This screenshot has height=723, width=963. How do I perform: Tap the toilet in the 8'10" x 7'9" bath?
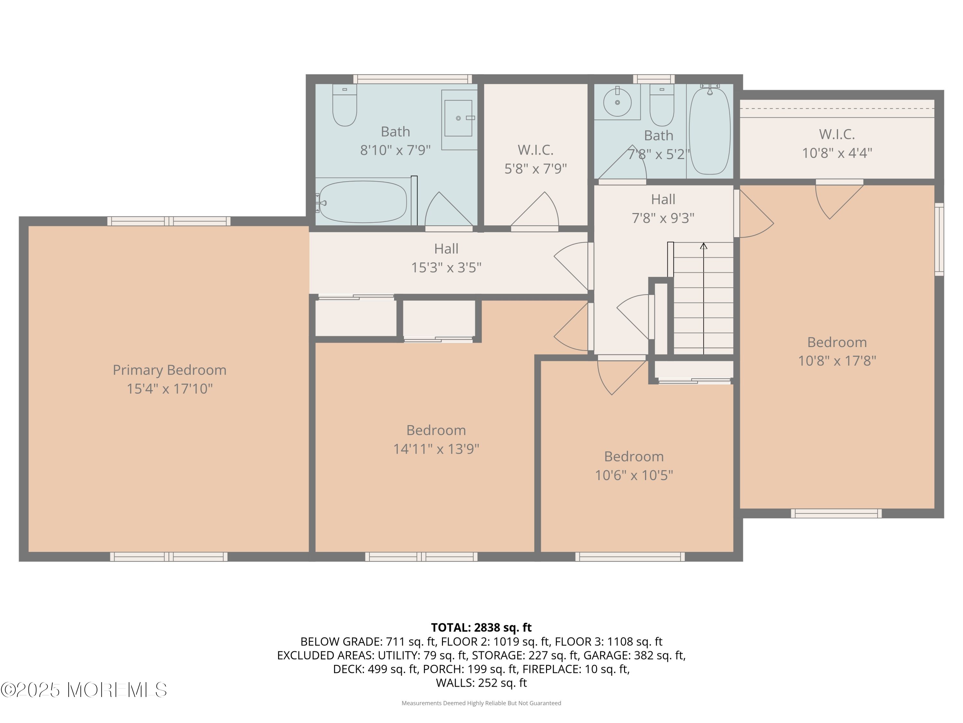tap(344, 105)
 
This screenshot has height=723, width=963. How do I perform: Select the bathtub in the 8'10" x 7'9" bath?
tap(363, 202)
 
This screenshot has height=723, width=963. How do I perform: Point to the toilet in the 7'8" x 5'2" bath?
tap(662, 105)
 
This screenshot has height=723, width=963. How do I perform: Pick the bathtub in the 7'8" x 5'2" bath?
tap(710, 130)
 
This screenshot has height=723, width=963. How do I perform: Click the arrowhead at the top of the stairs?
tap(704, 246)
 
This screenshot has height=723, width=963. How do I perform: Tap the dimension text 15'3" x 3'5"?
tap(446, 267)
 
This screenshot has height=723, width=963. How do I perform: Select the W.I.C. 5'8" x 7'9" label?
tap(535, 159)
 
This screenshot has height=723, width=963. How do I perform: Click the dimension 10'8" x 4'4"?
tap(837, 153)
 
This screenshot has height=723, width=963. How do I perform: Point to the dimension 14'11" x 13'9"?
tap(436, 449)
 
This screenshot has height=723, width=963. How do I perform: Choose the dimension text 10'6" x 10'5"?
tap(634, 475)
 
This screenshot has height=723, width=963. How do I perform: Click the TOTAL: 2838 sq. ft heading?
tap(481, 627)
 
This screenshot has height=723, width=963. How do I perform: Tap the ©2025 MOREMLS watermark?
tap(83, 690)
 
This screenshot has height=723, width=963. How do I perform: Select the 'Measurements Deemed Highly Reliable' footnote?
tap(481, 703)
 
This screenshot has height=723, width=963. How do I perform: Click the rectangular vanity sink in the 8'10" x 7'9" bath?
tap(458, 118)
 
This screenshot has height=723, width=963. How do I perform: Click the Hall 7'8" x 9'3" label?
tap(663, 208)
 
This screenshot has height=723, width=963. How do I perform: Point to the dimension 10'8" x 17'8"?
tap(837, 361)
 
